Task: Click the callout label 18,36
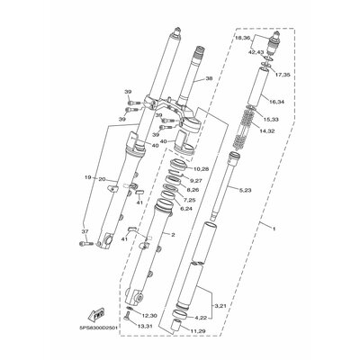tap(242, 39)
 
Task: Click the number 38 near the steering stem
tap(210, 79)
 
